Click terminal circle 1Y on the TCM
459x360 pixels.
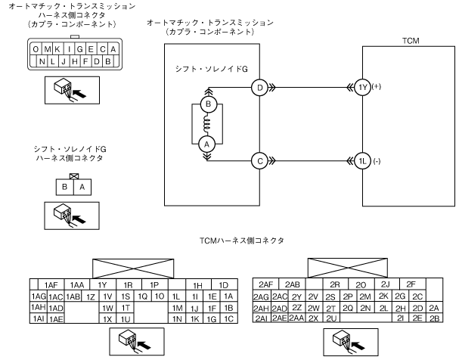[x=363, y=88]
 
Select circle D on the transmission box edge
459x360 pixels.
[x=260, y=88]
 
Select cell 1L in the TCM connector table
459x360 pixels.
[x=175, y=296]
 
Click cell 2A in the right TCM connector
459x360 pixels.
[x=433, y=308]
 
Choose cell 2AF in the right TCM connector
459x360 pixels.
[x=268, y=284]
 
